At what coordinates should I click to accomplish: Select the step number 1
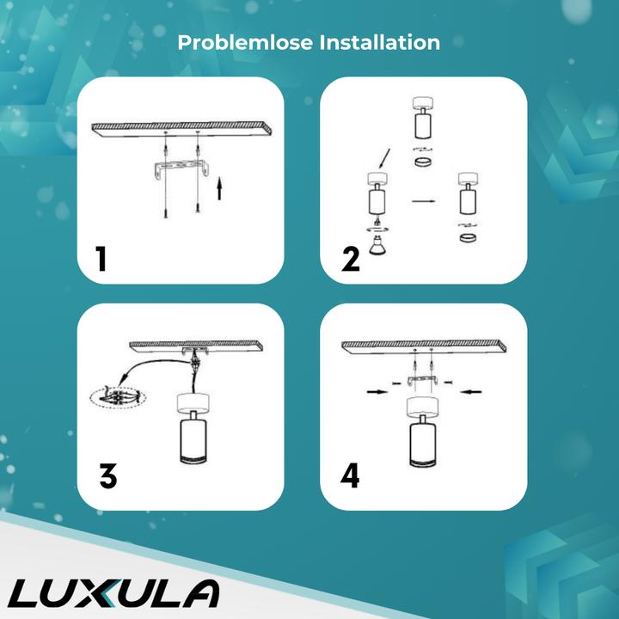click(101, 257)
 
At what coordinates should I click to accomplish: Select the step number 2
click(350, 257)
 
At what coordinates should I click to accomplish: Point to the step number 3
click(107, 475)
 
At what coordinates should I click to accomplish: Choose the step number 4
click(350, 475)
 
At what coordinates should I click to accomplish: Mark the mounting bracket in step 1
click(180, 169)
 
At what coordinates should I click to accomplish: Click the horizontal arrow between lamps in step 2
click(423, 203)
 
